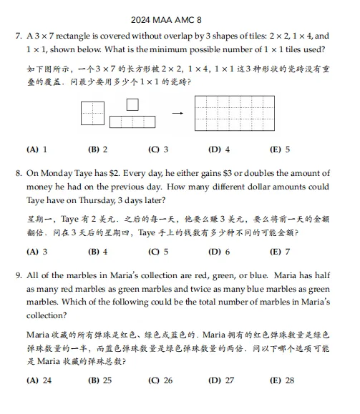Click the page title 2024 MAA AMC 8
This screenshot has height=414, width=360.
pyautogui.click(x=179, y=20)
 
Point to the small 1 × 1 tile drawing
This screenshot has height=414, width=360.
pyautogui.click(x=132, y=104)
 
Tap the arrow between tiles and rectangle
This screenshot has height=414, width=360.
pyautogui.click(x=177, y=113)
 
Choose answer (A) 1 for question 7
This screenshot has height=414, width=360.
pyautogui.click(x=37, y=149)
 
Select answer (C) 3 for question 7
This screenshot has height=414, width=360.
pyautogui.click(x=158, y=149)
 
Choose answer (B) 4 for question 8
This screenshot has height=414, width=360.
pyautogui.click(x=97, y=252)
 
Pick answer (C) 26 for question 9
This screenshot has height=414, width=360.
pyautogui.click(x=160, y=380)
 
